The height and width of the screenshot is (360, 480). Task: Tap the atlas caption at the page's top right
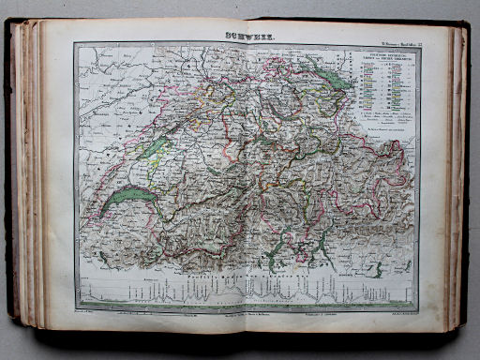(397, 39)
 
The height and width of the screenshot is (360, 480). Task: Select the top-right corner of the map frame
(420, 46)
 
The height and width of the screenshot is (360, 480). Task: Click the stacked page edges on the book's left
(26, 178)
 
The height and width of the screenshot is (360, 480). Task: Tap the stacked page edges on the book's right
(456, 178)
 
